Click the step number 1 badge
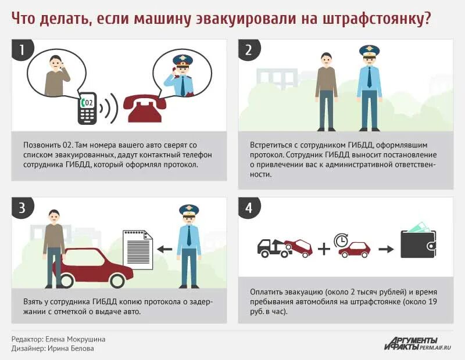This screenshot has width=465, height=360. pyautogui.click(x=22, y=50)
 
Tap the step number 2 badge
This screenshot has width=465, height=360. pyautogui.click(x=249, y=50)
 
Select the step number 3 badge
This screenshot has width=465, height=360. pyautogui.click(x=22, y=208)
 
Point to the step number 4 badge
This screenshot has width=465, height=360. pyautogui.click(x=249, y=208)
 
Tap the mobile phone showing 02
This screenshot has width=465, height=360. pyautogui.click(x=87, y=108)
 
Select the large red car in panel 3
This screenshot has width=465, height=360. pyautogui.click(x=93, y=268)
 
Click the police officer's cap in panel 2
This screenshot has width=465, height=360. pyautogui.click(x=369, y=51)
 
